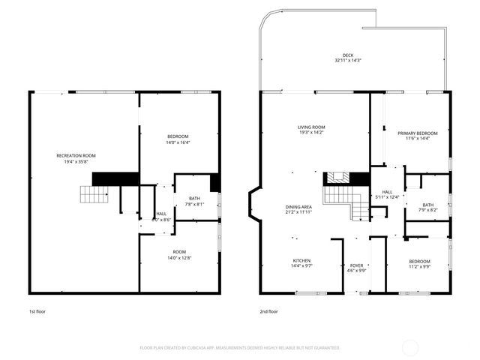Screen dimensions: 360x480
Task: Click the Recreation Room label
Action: click(x=76, y=155)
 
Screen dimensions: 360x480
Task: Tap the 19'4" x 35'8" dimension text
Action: click(x=76, y=161)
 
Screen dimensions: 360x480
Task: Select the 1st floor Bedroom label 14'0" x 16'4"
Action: click(x=178, y=136)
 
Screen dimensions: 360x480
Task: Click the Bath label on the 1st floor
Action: click(x=195, y=198)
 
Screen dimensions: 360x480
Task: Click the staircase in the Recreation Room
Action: click(x=95, y=195)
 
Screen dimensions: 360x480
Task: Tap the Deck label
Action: click(x=348, y=55)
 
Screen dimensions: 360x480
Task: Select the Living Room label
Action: click(x=310, y=127)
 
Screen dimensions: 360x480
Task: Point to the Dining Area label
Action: click(x=298, y=206)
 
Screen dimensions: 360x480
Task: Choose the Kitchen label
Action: click(x=301, y=260)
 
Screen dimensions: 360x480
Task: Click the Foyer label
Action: click(x=357, y=265)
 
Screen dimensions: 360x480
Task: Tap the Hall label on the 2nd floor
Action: click(x=387, y=191)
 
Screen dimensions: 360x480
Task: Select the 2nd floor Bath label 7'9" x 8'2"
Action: click(x=427, y=205)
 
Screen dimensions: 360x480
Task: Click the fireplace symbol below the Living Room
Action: click(x=336, y=178)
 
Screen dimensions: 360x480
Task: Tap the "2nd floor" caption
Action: click(x=269, y=310)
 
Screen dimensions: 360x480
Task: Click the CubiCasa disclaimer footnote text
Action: click(x=240, y=348)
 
